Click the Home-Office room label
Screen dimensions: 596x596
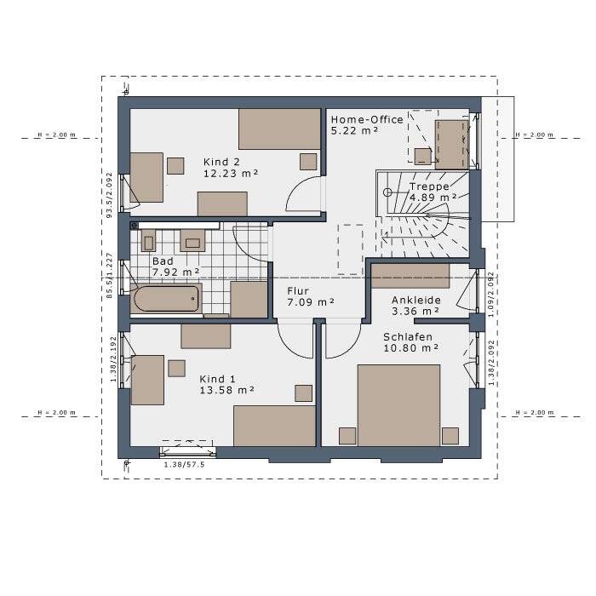[x=367, y=120]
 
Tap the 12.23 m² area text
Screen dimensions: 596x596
[x=231, y=174]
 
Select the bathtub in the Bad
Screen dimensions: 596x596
[x=166, y=299]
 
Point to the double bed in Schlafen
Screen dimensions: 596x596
[x=398, y=405]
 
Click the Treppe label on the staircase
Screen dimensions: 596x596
[x=429, y=186]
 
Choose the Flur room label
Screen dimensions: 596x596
[x=298, y=291]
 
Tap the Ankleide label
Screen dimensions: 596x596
[x=416, y=301]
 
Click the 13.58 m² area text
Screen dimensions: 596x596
[x=227, y=390]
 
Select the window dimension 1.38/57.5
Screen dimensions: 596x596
[x=185, y=465]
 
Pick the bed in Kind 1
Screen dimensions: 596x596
[x=274, y=426]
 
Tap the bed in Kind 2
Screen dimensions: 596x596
[x=279, y=129]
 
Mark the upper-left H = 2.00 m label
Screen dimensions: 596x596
[x=57, y=135]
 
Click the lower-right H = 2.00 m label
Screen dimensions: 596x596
[x=535, y=412]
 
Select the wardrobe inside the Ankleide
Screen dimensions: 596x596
[x=410, y=276]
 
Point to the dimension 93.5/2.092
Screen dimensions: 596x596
[x=110, y=195]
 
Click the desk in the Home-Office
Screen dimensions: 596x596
[x=451, y=145]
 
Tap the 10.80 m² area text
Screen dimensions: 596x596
[x=411, y=348]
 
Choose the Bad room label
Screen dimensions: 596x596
[x=163, y=261]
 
